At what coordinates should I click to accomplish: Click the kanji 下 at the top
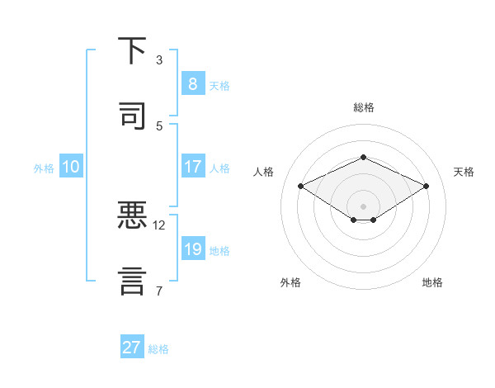(132, 51)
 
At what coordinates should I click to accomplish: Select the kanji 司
(132, 116)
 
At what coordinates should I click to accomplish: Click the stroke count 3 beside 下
(159, 60)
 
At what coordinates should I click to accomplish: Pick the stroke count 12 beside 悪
(159, 225)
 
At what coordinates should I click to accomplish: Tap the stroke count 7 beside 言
(159, 291)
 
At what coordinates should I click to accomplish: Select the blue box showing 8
(192, 84)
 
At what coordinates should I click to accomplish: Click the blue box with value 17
(192, 167)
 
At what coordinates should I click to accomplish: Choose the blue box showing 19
(192, 249)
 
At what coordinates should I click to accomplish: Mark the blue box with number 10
(71, 167)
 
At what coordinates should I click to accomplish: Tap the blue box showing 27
(131, 348)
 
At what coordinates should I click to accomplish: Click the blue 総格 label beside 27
(158, 349)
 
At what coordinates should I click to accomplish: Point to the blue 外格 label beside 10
(44, 168)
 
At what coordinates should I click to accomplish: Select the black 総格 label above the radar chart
(363, 107)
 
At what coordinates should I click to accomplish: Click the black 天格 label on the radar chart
(464, 172)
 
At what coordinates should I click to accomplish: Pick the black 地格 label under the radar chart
(432, 282)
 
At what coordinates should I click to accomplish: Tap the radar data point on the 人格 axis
(300, 186)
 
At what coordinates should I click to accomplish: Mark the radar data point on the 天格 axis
(426, 186)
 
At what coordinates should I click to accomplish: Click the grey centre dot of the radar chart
(363, 206)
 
